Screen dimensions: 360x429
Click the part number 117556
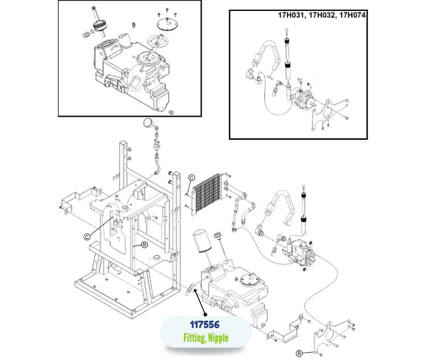tap(205, 324)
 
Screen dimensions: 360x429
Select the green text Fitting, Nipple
tap(205, 338)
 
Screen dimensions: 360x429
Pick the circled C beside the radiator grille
tap(192, 178)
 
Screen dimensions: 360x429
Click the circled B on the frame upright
tap(144, 245)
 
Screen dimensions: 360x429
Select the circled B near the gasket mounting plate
tap(299, 353)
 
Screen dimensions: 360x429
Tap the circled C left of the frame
tap(86, 236)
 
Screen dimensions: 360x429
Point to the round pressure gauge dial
tap(149, 122)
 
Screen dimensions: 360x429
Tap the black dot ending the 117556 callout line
tap(205, 314)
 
